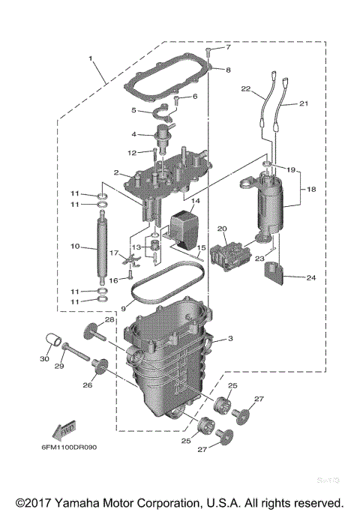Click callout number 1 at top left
(91, 58)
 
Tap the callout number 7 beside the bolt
(229, 48)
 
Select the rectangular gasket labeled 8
(167, 80)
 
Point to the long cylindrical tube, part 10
(100, 247)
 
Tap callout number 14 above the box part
(195, 202)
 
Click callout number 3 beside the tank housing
(230, 340)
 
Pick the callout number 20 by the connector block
(221, 229)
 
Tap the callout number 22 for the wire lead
(244, 89)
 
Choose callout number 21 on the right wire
(304, 103)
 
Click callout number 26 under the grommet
(87, 386)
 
